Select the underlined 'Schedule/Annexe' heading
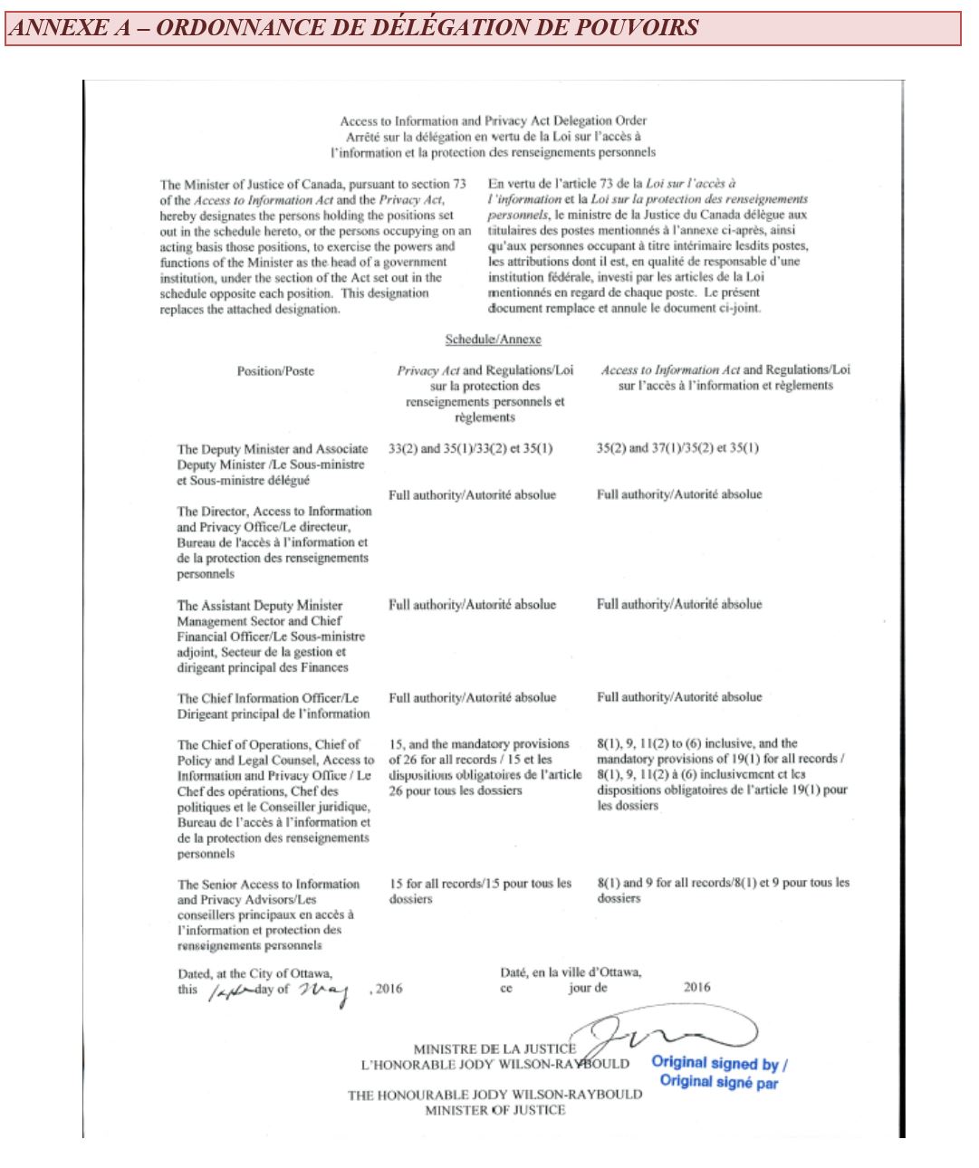click(x=493, y=340)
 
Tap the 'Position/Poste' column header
click(x=275, y=371)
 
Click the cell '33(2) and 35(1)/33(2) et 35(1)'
click(x=470, y=448)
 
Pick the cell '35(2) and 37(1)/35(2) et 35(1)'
click(x=677, y=448)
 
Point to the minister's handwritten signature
click(x=670, y=1032)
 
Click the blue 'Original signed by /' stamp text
click(x=719, y=1064)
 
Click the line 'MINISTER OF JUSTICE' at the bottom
click(x=494, y=1110)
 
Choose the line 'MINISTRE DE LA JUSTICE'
click(x=494, y=1048)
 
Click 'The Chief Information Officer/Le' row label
click(x=268, y=698)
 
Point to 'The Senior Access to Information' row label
click(x=268, y=884)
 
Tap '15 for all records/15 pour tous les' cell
click(x=480, y=884)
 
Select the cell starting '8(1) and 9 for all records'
click(x=723, y=883)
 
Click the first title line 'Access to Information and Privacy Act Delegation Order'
click(x=493, y=120)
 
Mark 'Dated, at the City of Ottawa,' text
click(x=254, y=973)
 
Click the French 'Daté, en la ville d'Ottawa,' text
click(x=571, y=972)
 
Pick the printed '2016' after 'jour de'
click(x=696, y=988)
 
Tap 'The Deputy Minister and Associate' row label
click(x=273, y=449)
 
